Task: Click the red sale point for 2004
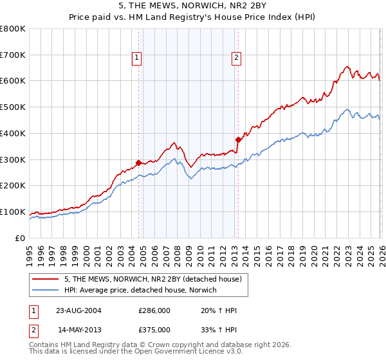(139, 163)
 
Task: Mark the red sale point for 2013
(238, 139)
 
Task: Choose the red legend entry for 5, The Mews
(152, 279)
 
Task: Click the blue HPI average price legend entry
(140, 291)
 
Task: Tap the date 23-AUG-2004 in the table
(79, 310)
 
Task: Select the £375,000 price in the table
(154, 329)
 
